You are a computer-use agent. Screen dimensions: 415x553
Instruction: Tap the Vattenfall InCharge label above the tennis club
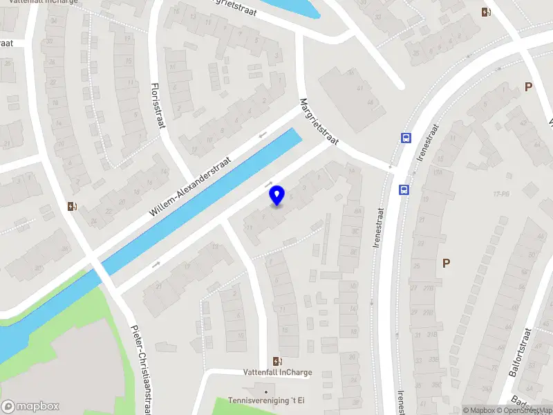point(278,372)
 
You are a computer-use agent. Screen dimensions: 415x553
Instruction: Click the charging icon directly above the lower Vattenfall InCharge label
point(278,360)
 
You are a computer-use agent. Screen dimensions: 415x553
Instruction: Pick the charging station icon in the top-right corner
point(486,12)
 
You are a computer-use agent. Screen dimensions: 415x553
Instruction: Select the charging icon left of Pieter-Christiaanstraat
point(71,206)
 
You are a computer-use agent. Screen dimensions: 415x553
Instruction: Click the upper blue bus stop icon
point(405,138)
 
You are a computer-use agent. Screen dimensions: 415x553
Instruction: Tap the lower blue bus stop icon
point(403,189)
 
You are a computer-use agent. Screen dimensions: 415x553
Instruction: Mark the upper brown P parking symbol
point(528,87)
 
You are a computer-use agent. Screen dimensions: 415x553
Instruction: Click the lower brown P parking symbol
point(447,263)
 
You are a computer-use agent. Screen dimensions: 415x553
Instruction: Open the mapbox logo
point(30,407)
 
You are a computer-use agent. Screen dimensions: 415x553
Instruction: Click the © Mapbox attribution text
point(478,410)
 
